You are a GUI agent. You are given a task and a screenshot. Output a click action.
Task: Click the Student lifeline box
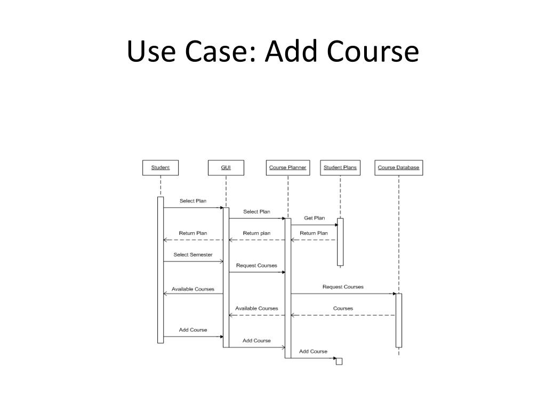point(160,168)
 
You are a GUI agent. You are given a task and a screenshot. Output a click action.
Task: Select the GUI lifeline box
point(226,168)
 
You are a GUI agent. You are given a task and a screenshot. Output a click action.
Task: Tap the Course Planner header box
point(287,168)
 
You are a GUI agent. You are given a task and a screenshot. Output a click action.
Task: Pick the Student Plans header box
point(340,168)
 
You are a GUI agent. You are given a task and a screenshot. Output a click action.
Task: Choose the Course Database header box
point(398,168)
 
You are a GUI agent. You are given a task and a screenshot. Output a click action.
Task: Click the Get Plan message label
point(314,218)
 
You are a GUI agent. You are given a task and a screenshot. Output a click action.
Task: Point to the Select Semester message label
point(192,255)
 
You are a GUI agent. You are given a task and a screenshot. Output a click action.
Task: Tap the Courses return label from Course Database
point(343,308)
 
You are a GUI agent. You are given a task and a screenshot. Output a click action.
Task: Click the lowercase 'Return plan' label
point(256,233)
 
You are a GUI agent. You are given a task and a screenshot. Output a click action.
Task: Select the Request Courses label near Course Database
point(343,287)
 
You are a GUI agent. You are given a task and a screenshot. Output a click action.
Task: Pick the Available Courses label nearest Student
point(192,289)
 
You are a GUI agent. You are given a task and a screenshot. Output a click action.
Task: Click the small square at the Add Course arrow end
point(339,362)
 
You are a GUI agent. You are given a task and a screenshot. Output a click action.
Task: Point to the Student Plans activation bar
point(340,242)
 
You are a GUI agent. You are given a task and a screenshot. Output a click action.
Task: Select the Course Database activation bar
point(398,320)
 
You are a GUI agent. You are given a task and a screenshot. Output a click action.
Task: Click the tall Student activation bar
point(160,270)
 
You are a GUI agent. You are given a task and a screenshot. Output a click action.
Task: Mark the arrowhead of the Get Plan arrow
point(336,225)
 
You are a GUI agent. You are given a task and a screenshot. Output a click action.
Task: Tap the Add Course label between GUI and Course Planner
point(256,341)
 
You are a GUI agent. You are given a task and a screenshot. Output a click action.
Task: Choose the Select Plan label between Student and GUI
point(192,201)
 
